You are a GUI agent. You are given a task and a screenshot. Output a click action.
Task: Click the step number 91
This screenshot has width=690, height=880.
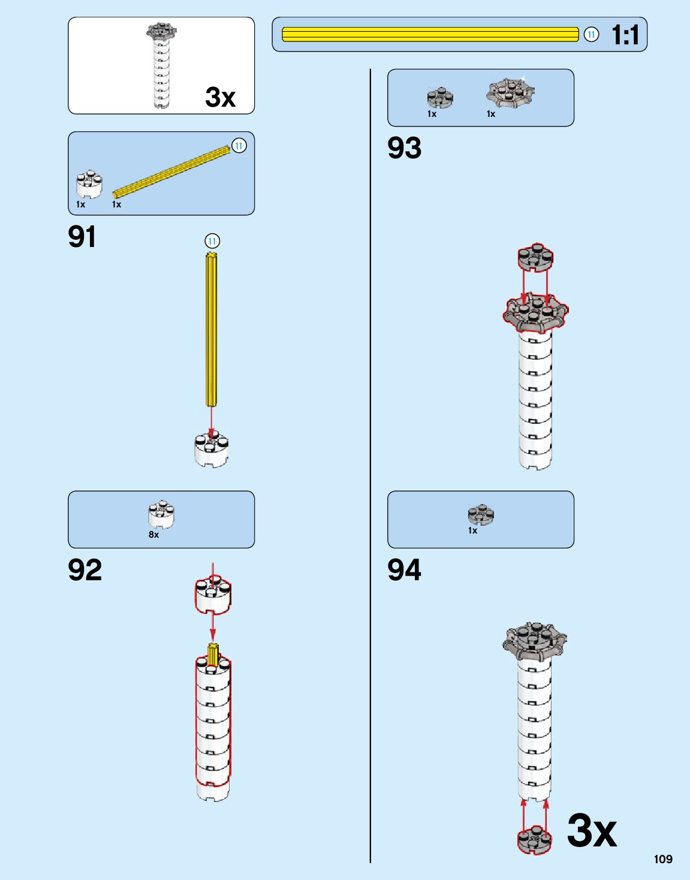pos(82,237)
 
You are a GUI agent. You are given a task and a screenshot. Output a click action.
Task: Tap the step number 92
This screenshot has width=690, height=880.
pos(85,570)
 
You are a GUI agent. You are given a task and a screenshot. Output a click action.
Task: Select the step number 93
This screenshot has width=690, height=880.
pos(405,147)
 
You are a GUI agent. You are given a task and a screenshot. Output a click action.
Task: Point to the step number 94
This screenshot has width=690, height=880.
pos(405,570)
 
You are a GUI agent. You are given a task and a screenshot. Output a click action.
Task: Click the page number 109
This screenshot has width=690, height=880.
pos(663,860)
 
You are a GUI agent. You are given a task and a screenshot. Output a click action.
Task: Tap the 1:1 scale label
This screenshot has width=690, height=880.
pos(625,35)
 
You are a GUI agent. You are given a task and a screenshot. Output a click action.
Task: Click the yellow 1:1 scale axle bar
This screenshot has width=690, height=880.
pos(430,35)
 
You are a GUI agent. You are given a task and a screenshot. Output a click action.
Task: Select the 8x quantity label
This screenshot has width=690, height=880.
pos(154,535)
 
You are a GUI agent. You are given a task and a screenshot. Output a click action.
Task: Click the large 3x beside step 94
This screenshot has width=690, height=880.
pos(592,831)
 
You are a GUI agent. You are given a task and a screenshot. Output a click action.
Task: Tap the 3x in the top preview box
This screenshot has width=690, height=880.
pos(221,97)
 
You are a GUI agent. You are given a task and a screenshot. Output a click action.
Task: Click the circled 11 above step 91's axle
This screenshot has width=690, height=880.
pos(212,241)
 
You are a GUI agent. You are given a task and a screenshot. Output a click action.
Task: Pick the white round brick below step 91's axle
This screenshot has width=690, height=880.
pos(212,450)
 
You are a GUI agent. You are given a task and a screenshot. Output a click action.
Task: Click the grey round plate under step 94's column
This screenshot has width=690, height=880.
pos(535,839)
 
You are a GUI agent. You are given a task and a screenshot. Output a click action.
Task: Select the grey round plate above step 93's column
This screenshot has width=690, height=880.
pos(535,258)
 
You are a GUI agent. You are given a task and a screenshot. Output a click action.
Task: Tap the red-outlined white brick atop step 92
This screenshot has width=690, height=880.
pos(213,595)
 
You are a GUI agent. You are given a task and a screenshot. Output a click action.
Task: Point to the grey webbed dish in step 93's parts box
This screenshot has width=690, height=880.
pos(510,92)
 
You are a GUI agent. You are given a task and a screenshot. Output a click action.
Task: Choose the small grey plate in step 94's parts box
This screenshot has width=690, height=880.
pos(481,514)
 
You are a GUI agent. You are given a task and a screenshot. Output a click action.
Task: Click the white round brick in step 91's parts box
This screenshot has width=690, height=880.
pos(89,183)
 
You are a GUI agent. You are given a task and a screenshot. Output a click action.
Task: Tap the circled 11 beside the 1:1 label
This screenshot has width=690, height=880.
pos(591,35)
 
